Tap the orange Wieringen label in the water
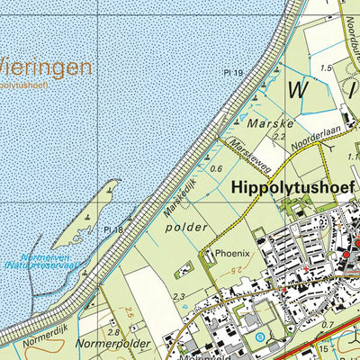point(45,67)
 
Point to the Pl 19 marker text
point(235,71)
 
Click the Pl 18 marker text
point(112,230)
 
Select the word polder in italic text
point(186,228)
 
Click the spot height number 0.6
point(215,168)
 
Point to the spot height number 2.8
point(112,333)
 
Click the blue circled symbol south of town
point(260,337)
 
